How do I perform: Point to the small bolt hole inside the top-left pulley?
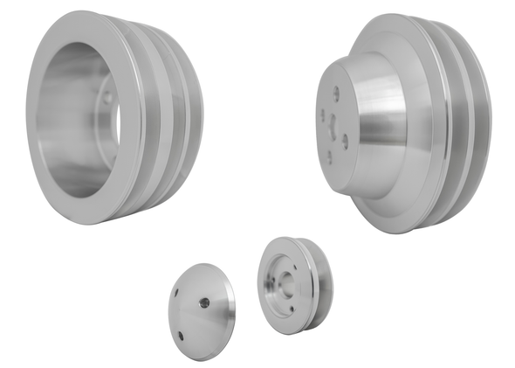[108, 100]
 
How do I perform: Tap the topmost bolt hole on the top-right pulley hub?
[335, 90]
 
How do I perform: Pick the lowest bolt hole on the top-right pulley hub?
[328, 158]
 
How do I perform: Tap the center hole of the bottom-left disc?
[204, 302]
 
